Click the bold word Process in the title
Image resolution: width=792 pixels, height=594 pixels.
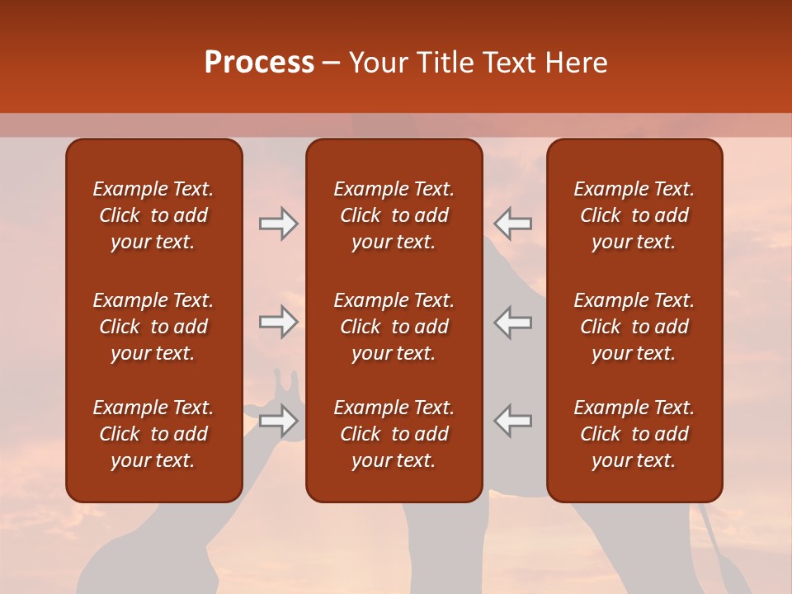(x=259, y=63)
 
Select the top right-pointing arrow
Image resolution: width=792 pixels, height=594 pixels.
(x=279, y=224)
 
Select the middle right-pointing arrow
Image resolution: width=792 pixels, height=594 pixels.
(x=279, y=322)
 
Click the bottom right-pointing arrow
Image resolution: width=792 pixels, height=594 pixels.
(x=279, y=421)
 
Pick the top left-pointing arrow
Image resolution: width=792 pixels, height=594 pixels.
(x=512, y=224)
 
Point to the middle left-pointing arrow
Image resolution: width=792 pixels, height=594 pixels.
(x=512, y=322)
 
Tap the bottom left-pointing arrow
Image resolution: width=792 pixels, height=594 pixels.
(x=512, y=421)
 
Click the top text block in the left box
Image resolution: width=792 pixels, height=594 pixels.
(x=153, y=215)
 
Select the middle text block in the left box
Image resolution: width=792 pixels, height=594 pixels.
(x=153, y=327)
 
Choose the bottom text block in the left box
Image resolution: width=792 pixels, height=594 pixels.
(x=153, y=434)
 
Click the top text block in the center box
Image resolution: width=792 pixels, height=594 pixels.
(x=394, y=215)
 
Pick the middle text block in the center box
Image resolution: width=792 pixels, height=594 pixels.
(x=394, y=327)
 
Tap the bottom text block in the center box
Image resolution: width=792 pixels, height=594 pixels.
(x=394, y=434)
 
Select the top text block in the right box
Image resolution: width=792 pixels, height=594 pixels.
(x=634, y=215)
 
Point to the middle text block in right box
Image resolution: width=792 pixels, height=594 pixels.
(x=634, y=327)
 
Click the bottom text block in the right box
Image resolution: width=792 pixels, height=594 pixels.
(x=634, y=434)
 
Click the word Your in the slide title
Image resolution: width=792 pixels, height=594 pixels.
(x=379, y=63)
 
